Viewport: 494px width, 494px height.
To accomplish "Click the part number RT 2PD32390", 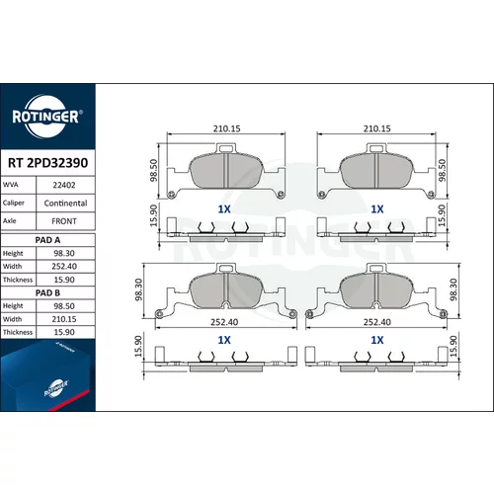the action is coord(47,163).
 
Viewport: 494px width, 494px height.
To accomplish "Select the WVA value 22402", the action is coord(64,185).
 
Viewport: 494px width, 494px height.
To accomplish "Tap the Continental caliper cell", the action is coord(65,204).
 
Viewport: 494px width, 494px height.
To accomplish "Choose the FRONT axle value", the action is coord(64,221).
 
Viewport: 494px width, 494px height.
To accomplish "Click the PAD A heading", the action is coord(47,240).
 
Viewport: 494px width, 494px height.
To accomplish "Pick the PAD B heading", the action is coord(47,292).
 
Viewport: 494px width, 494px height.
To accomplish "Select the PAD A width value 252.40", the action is coord(64,266).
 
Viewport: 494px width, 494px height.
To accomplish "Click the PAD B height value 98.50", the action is coord(64,306).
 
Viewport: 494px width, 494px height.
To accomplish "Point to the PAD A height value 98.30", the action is coord(64,253).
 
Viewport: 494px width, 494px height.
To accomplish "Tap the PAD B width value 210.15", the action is coord(64,319).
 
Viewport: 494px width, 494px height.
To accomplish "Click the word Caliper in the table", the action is coord(14,203).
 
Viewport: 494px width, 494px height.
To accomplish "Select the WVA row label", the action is coord(10,185).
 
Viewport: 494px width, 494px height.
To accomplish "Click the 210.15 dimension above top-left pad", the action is coord(226,128).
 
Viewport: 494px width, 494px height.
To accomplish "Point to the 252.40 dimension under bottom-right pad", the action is coord(377,322).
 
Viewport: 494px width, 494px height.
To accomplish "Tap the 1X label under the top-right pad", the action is coord(377,209).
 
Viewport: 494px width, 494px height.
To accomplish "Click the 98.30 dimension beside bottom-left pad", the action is coord(138,289).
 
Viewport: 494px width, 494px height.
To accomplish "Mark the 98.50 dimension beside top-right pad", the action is coord(443,170).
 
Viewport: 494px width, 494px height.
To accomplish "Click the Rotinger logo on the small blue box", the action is coord(56,388).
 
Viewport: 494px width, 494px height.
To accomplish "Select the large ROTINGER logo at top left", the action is coord(45,117).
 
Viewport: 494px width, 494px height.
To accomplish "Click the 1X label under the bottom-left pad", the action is coord(224,340).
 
